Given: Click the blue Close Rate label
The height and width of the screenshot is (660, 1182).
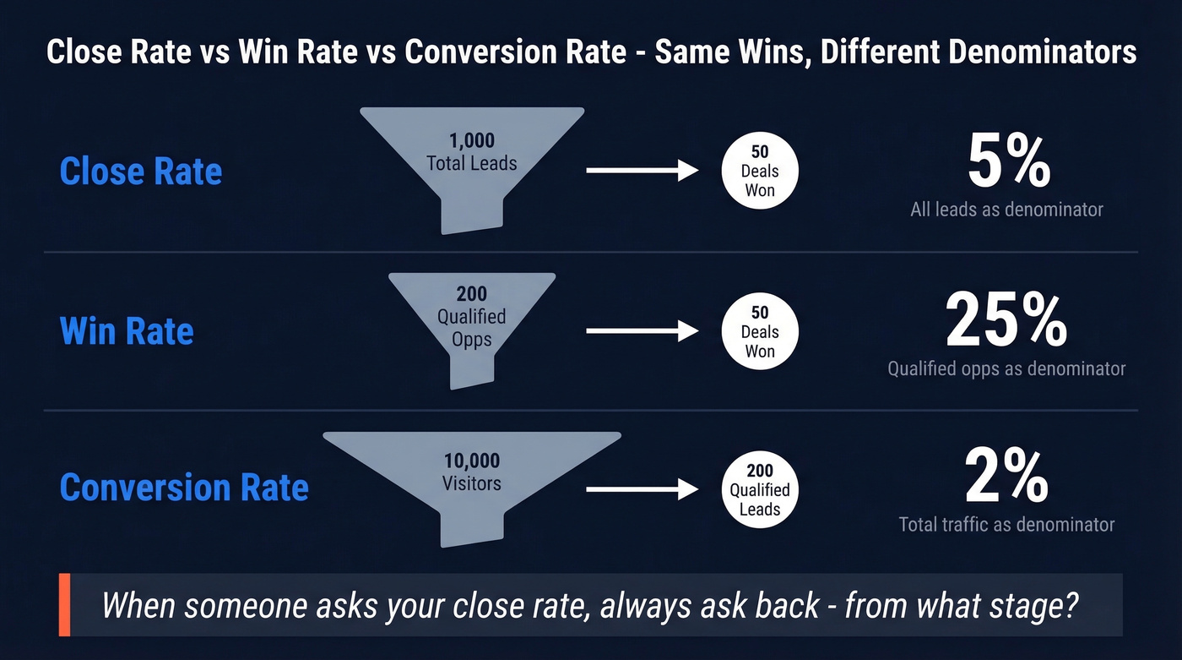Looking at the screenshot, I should click(x=141, y=172).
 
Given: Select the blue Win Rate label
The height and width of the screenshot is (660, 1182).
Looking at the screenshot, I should click(x=127, y=330).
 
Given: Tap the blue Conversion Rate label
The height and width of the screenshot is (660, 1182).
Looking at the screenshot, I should click(x=184, y=488).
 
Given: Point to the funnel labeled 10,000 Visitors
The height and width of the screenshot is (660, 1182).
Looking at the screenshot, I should click(x=472, y=477).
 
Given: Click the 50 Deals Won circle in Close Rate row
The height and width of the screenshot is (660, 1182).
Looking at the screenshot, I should click(x=760, y=172).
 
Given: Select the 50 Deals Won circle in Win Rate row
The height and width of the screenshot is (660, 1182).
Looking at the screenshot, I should click(x=760, y=331).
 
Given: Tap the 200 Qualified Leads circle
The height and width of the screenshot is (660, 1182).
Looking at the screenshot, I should click(x=760, y=489).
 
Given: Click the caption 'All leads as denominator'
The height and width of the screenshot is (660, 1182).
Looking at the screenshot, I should click(x=1006, y=210).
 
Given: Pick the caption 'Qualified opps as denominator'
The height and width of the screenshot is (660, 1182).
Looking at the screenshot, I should click(x=1006, y=368).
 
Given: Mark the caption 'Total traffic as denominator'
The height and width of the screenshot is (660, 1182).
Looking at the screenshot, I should click(x=1006, y=525).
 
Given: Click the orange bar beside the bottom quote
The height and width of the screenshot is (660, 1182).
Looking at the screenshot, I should click(x=64, y=605).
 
